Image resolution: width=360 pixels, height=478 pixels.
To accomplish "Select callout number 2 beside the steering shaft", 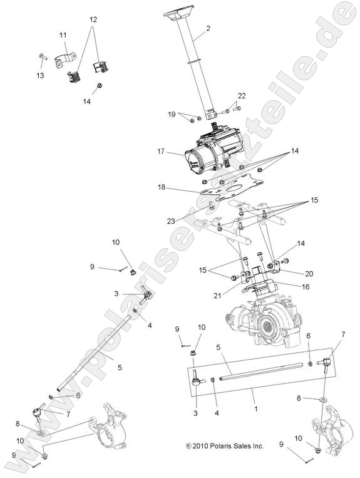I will [x=208, y=28].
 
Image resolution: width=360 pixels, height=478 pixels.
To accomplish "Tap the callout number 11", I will [x=63, y=35].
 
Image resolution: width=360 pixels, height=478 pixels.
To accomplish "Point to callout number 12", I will [x=93, y=20].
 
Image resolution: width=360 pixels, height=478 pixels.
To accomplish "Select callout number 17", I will [x=162, y=151].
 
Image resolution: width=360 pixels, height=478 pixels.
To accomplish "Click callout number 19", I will [x=172, y=114].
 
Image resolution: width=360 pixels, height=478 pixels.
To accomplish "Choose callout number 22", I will [x=240, y=95].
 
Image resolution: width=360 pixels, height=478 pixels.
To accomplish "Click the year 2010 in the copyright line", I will [x=203, y=446].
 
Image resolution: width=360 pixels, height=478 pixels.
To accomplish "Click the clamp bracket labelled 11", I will [x=63, y=61].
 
